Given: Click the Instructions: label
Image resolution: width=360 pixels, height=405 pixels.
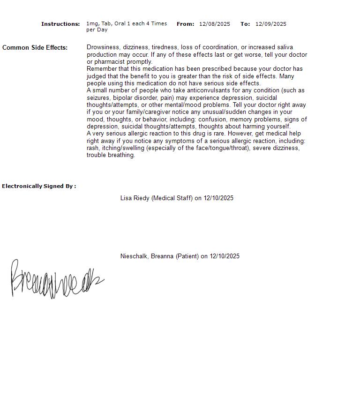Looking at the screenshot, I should click(x=60, y=24).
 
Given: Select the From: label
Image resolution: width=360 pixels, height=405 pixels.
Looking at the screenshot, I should click(x=185, y=24).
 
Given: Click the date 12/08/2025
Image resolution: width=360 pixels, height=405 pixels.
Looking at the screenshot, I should click(x=215, y=24).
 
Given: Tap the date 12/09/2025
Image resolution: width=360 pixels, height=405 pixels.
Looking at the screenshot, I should click(x=271, y=24).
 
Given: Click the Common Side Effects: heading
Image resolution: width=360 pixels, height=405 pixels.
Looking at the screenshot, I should click(x=35, y=48).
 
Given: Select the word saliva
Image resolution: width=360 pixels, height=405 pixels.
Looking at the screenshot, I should click(x=285, y=47).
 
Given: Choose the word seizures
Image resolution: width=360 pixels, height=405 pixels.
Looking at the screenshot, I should click(x=98, y=98).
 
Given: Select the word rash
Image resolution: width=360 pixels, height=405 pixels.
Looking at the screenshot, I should click(x=92, y=148).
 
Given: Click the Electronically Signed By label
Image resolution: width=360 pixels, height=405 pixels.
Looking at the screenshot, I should click(x=39, y=187).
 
